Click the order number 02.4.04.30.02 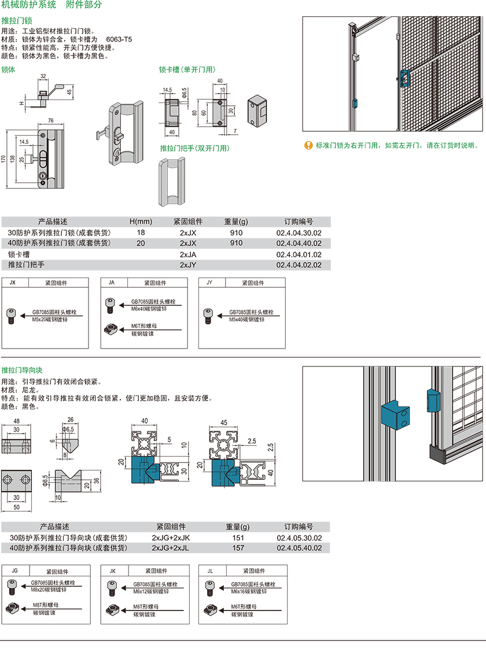coord(299,232)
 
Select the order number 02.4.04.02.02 coord(299,265)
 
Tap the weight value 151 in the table coord(238,538)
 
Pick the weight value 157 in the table coord(238,548)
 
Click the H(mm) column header coord(140,221)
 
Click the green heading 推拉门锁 coord(13,20)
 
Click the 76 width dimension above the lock coord(50,121)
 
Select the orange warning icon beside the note coord(308,145)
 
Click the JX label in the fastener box coord(13,283)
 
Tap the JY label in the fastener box coord(209,283)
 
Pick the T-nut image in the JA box coord(111,329)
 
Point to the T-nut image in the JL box coord(209,609)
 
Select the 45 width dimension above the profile coord(223,421)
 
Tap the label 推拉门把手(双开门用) coord(194,149)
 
